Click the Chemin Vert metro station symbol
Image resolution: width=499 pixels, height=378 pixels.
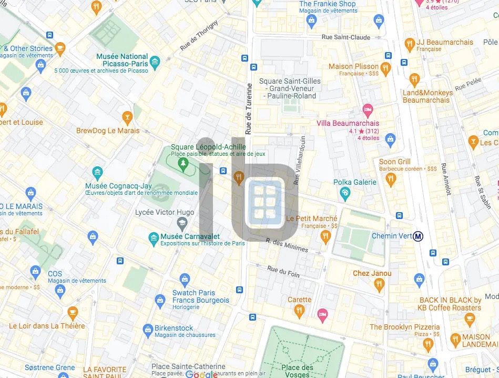pyautogui.click(x=419, y=236)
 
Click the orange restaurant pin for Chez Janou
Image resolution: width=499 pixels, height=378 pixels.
pyautogui.click(x=379, y=285)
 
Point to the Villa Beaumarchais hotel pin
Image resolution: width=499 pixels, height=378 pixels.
pyautogui.click(x=368, y=111)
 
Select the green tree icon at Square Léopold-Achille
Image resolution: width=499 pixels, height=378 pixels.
pyautogui.click(x=183, y=164)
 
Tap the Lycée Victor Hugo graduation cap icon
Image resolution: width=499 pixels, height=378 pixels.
pyautogui.click(x=181, y=224)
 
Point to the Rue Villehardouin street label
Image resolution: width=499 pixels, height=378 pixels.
pyautogui.click(x=300, y=161)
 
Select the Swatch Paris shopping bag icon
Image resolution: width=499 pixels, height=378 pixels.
pyautogui.click(x=185, y=280)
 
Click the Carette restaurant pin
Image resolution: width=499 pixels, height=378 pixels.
pyautogui.click(x=299, y=311)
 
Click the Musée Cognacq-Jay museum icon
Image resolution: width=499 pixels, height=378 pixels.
pyautogui.click(x=97, y=173)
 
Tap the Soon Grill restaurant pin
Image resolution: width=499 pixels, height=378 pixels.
pyautogui.click(x=390, y=179)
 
